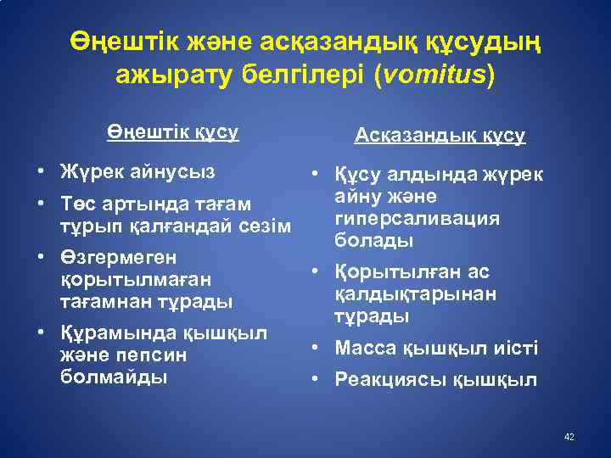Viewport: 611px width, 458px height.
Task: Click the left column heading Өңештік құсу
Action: (x=173, y=133)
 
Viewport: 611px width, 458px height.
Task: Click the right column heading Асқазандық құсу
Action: (x=440, y=136)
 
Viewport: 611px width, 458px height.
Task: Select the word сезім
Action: (x=268, y=226)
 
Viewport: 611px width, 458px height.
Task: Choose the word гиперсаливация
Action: (x=418, y=219)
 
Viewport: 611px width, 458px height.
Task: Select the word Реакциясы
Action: (x=388, y=380)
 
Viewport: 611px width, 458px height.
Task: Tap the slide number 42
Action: (x=569, y=436)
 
